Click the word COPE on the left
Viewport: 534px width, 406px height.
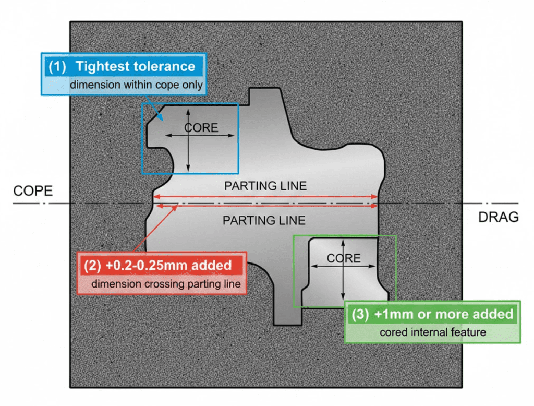click(x=32, y=190)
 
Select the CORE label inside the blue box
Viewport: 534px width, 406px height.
click(x=201, y=128)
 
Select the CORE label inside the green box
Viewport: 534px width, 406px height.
click(x=344, y=258)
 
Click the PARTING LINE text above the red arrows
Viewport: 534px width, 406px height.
click(x=265, y=186)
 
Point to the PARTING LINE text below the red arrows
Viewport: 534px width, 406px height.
click(x=263, y=220)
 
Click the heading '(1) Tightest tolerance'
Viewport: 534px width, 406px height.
click(x=122, y=67)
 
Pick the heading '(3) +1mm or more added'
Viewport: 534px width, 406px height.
click(x=432, y=314)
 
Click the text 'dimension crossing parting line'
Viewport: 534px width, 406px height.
click(x=165, y=284)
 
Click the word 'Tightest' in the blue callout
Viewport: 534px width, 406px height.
click(x=103, y=67)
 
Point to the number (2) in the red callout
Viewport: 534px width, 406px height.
click(x=93, y=265)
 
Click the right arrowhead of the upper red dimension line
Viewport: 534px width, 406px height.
click(x=375, y=197)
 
